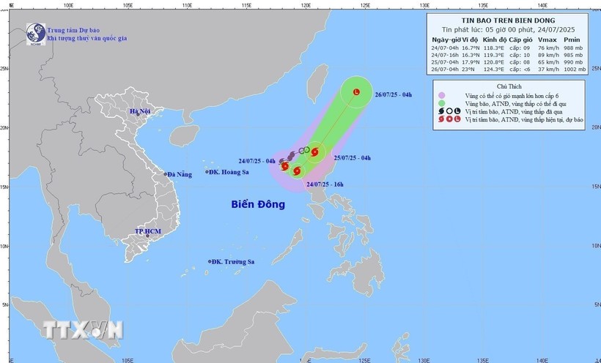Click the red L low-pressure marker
(x=356, y=93)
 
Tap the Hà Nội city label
(x=140, y=112)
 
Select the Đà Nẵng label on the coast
(x=179, y=174)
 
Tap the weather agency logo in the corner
(x=34, y=33)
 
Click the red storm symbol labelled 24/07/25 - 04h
(x=285, y=166)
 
